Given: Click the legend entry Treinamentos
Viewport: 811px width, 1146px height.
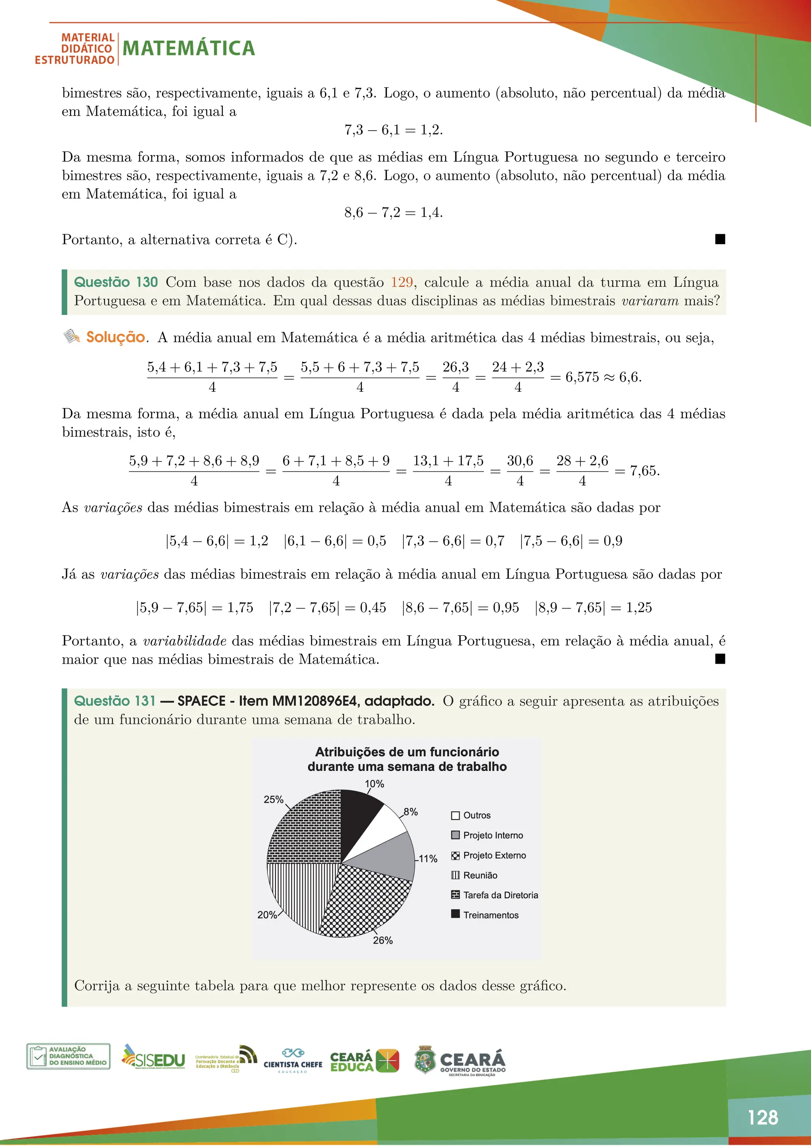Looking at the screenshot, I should [x=490, y=915].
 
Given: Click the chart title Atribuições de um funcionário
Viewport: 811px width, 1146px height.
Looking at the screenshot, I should [x=407, y=752].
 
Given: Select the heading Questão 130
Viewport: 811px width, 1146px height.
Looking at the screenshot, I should [x=116, y=283].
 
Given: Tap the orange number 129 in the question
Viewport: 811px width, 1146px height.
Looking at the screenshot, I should [x=402, y=283].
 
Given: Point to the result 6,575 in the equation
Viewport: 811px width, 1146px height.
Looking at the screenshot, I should [x=582, y=378].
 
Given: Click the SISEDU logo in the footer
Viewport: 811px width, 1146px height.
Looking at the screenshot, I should [x=154, y=1058].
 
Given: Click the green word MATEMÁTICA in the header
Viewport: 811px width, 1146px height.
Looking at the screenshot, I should [x=189, y=48].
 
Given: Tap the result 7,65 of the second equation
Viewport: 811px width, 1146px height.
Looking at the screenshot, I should [x=643, y=471].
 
